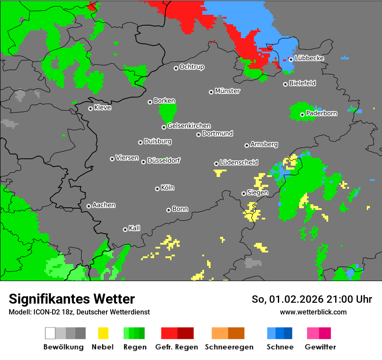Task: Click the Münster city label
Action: (227, 91)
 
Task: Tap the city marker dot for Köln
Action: (157, 189)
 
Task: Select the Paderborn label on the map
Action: (321, 113)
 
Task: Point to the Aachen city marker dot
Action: (89, 206)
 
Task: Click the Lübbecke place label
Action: (309, 58)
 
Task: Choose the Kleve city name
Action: (102, 108)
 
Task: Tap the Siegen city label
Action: (257, 193)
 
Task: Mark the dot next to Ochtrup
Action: (176, 68)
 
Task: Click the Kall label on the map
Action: (135, 228)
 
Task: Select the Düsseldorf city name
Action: (164, 160)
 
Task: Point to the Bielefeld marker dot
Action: (285, 84)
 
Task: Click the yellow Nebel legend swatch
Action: (103, 333)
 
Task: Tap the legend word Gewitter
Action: (320, 347)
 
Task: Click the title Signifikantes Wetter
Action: (72, 299)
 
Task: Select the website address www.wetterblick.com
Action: (313, 312)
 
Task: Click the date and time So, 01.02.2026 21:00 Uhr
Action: (312, 299)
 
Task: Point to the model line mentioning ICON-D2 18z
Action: (79, 312)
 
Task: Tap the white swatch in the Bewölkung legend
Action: (50, 333)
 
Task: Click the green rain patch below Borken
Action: (168, 112)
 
